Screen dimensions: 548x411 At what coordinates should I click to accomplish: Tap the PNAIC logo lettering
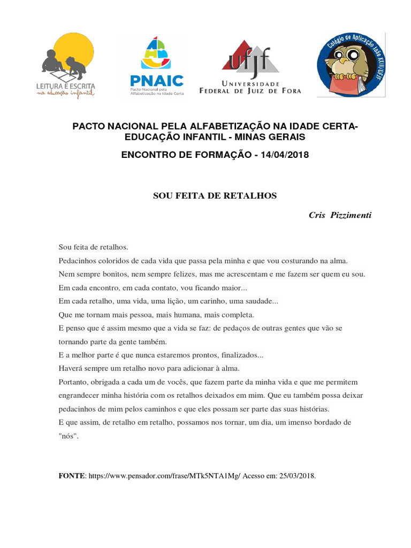(x=157, y=81)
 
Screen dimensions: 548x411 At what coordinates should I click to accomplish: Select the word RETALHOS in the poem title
(x=254, y=196)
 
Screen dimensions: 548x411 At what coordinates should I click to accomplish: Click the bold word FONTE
(x=72, y=476)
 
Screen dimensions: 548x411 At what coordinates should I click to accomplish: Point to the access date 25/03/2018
(x=297, y=476)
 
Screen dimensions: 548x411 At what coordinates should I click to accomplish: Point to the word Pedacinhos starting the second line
(x=78, y=261)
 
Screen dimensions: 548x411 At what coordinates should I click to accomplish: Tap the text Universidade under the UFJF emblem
(x=250, y=84)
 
